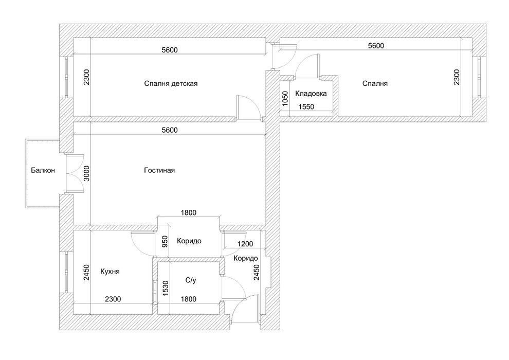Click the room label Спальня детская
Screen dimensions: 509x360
[171, 84]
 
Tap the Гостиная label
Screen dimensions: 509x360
[159, 170]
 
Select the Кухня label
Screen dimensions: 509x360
[110, 272]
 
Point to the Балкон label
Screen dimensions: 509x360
[43, 170]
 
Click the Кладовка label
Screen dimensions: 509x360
[311, 94]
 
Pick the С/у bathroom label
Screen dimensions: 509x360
[191, 280]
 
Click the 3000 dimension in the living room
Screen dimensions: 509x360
[86, 174]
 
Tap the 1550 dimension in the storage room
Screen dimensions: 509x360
[306, 106]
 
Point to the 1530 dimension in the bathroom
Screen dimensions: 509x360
[166, 288]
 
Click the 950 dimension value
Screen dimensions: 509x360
[165, 242]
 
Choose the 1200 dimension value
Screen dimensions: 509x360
[245, 244]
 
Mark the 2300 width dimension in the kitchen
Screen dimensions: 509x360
[113, 299]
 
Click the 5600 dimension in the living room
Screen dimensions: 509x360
[170, 130]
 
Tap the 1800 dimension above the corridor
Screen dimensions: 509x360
[189, 213]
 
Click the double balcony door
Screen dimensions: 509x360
[75, 174]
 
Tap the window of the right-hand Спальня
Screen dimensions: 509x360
[480, 77]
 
